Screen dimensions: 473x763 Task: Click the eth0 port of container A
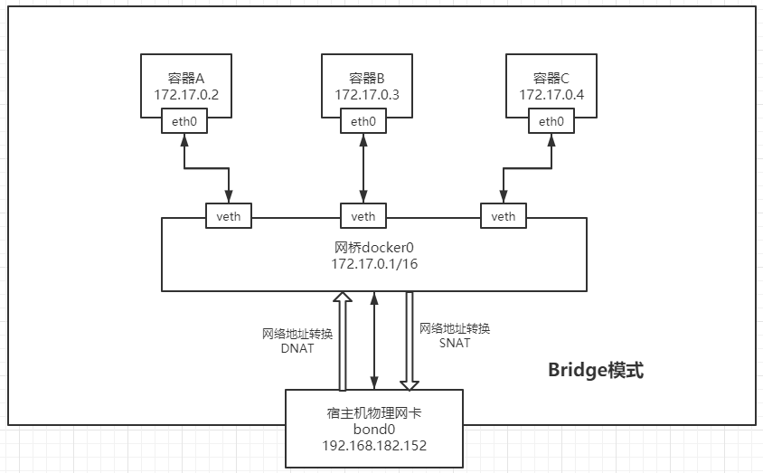pos(184,122)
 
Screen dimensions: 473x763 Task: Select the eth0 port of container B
pos(363,122)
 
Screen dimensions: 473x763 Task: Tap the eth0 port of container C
pos(551,122)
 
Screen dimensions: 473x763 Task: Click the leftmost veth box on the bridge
pos(229,216)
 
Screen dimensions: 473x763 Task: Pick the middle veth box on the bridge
pos(363,216)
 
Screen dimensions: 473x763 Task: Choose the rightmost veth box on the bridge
pos(504,216)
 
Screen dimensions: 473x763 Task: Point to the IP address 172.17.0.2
pos(186,95)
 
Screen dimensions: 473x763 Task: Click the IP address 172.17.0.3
pos(367,95)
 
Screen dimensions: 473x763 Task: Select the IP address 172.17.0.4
pos(551,95)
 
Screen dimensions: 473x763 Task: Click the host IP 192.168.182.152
pos(374,446)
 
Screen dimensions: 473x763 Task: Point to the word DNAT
pos(297,348)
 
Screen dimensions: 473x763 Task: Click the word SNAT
pos(455,343)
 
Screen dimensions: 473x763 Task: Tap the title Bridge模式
pos(596,370)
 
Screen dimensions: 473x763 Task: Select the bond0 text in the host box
pos(374,430)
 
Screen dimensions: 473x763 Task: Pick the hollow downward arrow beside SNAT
pos(410,339)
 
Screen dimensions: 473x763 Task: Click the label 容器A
pos(186,79)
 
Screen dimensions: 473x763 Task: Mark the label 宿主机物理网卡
pos(374,413)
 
